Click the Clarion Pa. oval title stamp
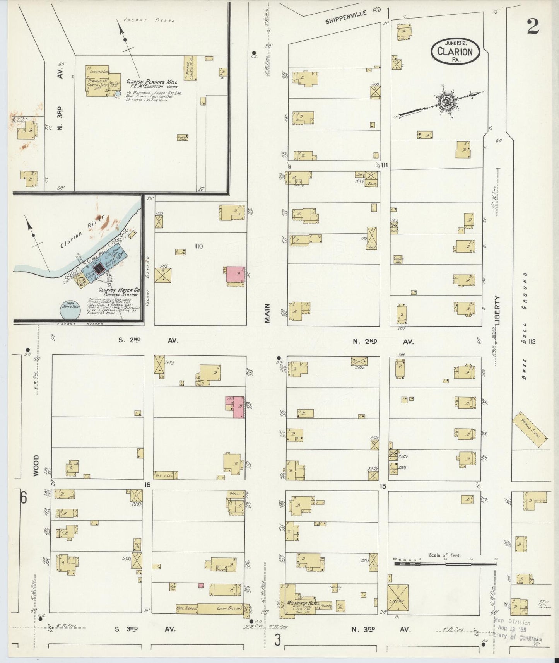pyautogui.click(x=455, y=51)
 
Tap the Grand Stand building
pyautogui.click(x=530, y=429)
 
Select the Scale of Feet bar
pyautogui.click(x=445, y=564)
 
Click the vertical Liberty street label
pyautogui.click(x=498, y=310)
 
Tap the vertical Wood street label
pyautogui.click(x=36, y=465)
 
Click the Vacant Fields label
pyautogui.click(x=149, y=20)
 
